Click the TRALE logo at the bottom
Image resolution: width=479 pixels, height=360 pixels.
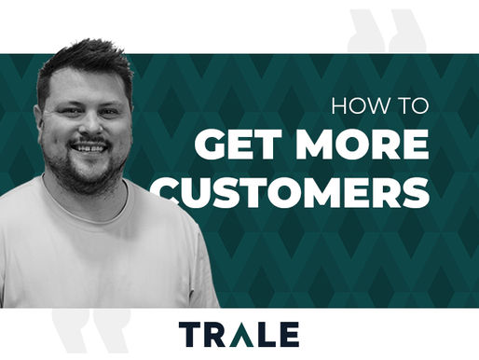pos(239,333)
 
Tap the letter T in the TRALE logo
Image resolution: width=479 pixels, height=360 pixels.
pos(189,333)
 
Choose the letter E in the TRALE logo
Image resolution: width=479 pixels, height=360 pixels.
pos(289,333)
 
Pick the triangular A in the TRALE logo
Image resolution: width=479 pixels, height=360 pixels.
pos(239,333)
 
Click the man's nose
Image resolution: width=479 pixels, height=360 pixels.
pos(89,128)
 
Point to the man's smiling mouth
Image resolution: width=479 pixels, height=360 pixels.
pos(90,147)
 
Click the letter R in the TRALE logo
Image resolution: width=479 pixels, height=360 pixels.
pos(214,333)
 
